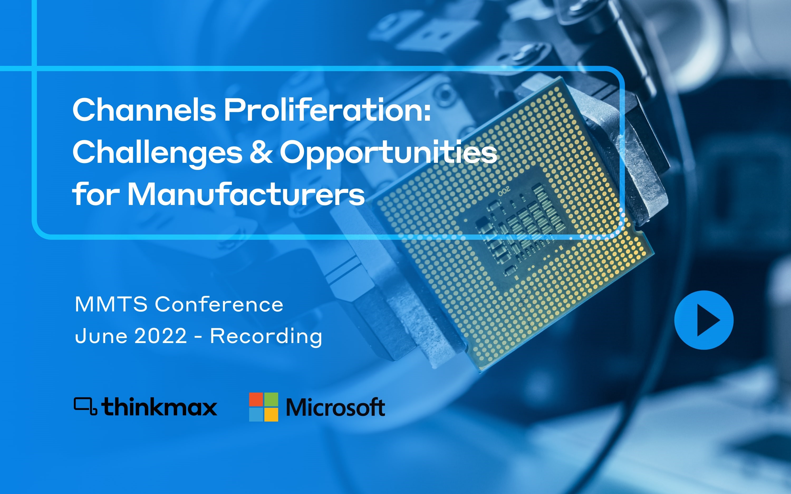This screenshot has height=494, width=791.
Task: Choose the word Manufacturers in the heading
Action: click(246, 194)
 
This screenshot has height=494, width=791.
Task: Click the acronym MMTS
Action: click(111, 304)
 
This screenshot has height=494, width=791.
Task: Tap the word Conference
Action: click(219, 304)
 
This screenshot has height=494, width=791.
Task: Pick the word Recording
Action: click(266, 337)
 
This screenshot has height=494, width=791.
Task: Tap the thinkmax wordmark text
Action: click(159, 407)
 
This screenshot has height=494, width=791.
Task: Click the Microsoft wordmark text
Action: click(336, 407)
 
